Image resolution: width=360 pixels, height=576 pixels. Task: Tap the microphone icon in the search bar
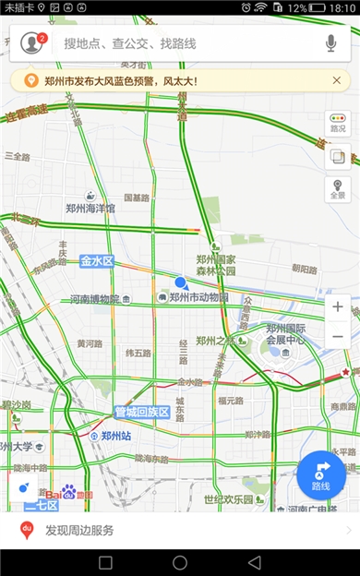[x=331, y=42]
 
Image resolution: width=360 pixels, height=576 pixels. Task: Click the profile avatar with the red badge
[x=33, y=42]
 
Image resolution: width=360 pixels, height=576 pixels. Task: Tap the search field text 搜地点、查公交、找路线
[x=129, y=43]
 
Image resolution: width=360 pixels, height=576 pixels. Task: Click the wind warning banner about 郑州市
[x=180, y=81]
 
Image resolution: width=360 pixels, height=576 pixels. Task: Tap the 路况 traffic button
[x=337, y=124]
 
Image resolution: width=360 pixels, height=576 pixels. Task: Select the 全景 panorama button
[x=337, y=189]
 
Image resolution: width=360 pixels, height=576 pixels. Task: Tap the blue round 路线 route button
[x=321, y=474]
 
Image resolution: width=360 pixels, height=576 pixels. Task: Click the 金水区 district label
[x=96, y=261]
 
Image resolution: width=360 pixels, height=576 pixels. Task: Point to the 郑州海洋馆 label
[x=90, y=209]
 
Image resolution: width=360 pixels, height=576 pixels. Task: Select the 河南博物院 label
[x=95, y=299]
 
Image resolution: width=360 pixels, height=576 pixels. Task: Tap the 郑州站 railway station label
[x=115, y=435]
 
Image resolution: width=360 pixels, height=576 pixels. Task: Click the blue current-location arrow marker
[x=182, y=283]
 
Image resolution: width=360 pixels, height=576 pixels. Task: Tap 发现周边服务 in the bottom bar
[x=79, y=530]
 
